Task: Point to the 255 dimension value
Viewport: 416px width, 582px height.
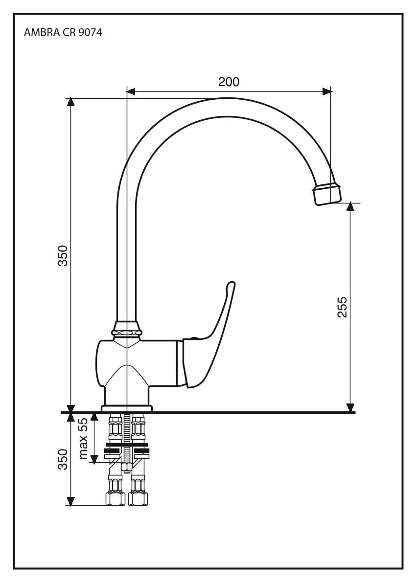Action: pyautogui.click(x=342, y=307)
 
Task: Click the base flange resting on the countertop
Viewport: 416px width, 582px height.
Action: pyautogui.click(x=127, y=408)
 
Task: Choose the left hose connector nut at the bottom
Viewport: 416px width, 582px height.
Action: pyautogui.click(x=116, y=499)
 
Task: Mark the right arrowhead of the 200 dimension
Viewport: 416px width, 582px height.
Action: pyautogui.click(x=326, y=90)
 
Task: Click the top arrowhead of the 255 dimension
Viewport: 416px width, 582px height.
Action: pyautogui.click(x=350, y=207)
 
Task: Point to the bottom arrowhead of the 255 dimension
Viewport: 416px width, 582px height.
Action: pyautogui.click(x=350, y=407)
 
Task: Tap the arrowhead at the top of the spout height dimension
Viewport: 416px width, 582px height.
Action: pyautogui.click(x=71, y=102)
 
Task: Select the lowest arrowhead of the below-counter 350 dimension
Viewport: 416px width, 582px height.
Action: pyautogui.click(x=71, y=501)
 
